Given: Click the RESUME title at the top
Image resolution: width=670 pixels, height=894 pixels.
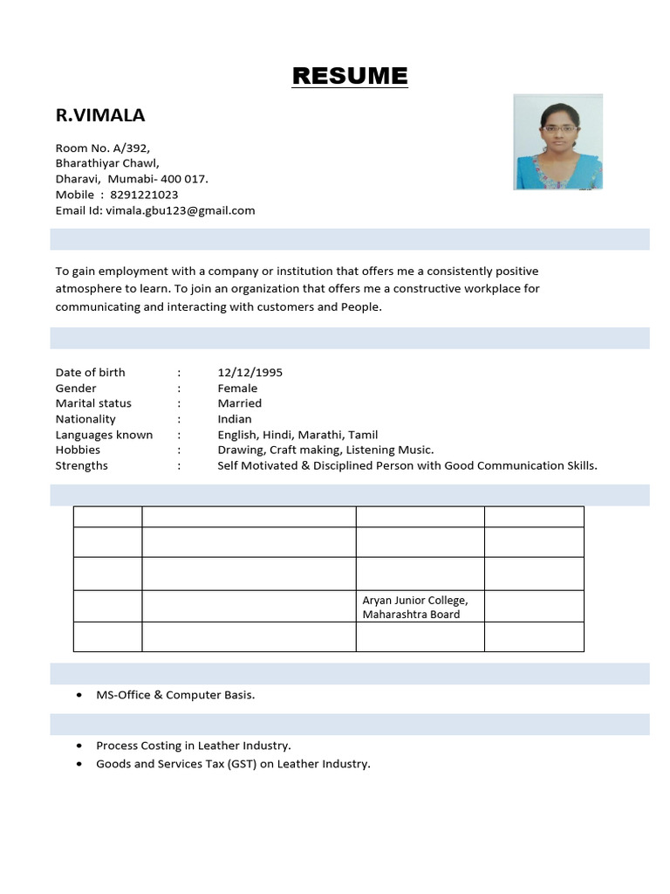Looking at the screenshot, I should pos(349,76).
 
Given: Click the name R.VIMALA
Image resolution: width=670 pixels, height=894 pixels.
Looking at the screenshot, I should pos(100,115).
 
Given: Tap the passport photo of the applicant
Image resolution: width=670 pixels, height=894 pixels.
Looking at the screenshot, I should pos(557,142).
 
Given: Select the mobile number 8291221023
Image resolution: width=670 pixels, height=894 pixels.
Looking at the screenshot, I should pos(144,195).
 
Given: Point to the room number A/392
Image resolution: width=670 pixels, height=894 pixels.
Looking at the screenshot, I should pos(142,148).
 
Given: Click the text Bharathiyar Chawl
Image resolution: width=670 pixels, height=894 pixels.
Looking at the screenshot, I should pos(107,163).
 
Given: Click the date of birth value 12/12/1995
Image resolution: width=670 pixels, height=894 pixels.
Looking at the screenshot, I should pos(250,372).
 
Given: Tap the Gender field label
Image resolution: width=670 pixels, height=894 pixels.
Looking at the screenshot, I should pos(76,388).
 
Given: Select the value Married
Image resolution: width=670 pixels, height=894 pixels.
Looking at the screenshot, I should pos(239,403).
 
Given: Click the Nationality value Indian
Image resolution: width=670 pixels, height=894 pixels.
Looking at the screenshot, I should pos(235,419).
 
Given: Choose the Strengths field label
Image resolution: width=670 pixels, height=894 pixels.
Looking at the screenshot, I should pos(82,465).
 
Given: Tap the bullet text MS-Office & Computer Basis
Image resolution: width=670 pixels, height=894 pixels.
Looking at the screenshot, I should pos(175,695).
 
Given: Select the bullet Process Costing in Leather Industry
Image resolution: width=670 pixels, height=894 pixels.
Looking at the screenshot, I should pos(193,746).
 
